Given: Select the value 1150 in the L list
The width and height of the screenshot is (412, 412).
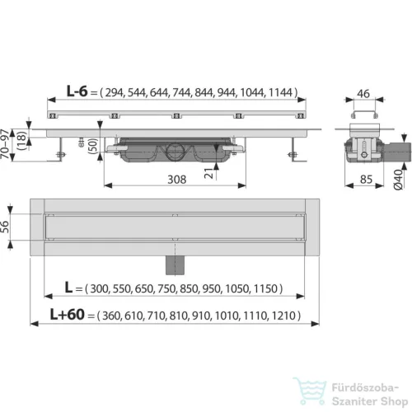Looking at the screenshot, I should click(267, 289).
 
